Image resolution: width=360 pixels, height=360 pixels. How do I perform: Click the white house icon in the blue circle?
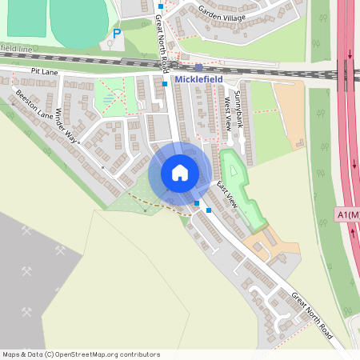tap(180, 172)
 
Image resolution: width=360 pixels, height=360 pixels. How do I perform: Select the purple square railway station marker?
tap(198, 68)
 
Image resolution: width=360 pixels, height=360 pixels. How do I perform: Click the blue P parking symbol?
tap(117, 34)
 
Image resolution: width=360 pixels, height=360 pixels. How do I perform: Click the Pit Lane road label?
tap(46, 72)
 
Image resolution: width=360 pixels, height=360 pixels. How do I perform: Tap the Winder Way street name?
tap(68, 125)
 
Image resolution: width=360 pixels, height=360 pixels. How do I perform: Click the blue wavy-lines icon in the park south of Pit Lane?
tap(109, 98)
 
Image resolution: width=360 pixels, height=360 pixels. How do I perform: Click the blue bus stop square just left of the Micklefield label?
tap(165, 83)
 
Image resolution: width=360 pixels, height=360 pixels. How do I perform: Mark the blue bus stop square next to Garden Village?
tap(160, 7)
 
